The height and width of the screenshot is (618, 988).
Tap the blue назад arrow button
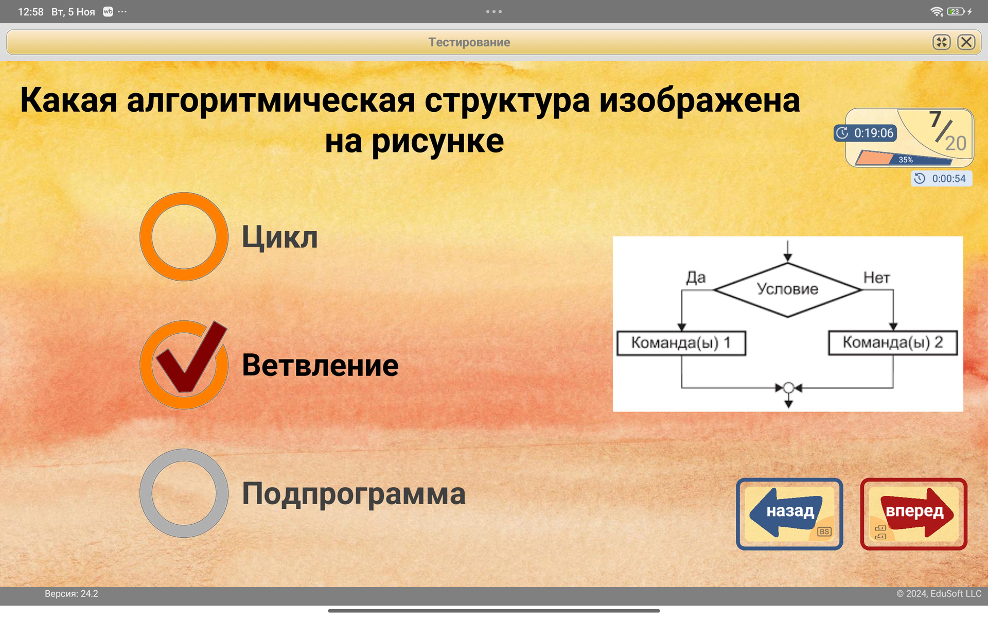[x=789, y=513]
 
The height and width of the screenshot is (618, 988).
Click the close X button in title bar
[x=966, y=42]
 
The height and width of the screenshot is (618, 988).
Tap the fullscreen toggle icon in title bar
[x=941, y=42]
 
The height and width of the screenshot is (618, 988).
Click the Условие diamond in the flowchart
[x=787, y=289]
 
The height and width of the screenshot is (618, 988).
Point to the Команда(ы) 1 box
[x=681, y=343]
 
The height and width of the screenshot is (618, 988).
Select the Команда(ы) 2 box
[x=893, y=342]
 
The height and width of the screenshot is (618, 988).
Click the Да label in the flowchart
[x=696, y=278]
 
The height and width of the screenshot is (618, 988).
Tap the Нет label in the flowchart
[x=876, y=278]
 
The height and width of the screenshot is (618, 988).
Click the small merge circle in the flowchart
[x=788, y=388]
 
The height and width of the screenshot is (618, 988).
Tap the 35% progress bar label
[x=906, y=160]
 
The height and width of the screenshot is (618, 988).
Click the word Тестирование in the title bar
[x=469, y=42]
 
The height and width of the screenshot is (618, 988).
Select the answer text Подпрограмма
[x=354, y=493]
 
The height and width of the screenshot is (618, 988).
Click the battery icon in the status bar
[x=956, y=11]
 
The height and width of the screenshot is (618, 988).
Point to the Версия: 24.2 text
[x=72, y=593]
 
